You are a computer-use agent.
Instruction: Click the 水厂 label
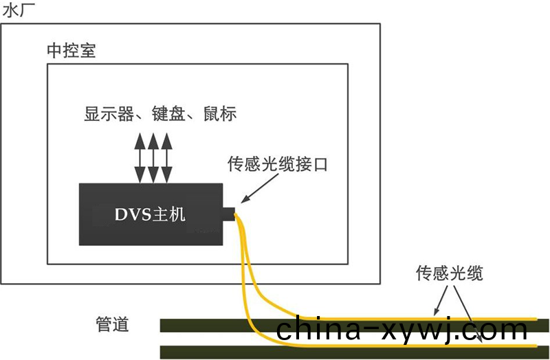pos(16,11)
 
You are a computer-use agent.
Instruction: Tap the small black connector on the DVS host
pos(229,214)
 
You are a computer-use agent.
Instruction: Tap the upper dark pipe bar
pos(206,325)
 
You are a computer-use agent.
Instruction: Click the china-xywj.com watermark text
pos(401,330)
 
